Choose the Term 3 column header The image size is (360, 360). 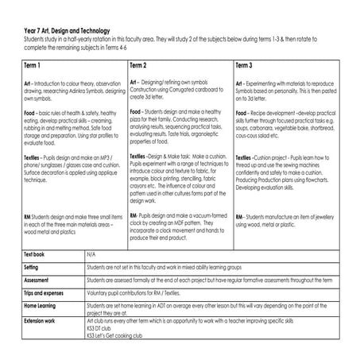(x=246, y=64)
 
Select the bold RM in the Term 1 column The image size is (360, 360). (x=29, y=216)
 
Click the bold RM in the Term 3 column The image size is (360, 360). (x=240, y=216)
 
